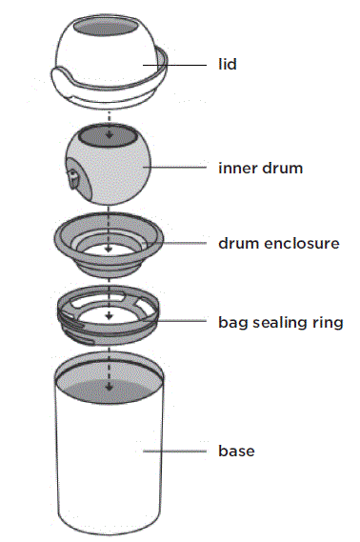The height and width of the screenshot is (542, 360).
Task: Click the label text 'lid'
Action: pyautogui.click(x=228, y=65)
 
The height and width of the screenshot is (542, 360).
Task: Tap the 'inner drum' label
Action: pyautogui.click(x=260, y=169)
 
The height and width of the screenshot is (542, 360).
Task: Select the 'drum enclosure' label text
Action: pyautogui.click(x=278, y=243)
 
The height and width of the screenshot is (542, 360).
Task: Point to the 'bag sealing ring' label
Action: pyautogui.click(x=280, y=322)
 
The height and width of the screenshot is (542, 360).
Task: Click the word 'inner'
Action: pyautogui.click(x=234, y=169)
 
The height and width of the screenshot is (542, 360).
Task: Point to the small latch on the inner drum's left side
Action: pyautogui.click(x=74, y=175)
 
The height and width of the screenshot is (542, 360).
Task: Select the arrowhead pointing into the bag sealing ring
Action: pyautogui.click(x=111, y=316)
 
